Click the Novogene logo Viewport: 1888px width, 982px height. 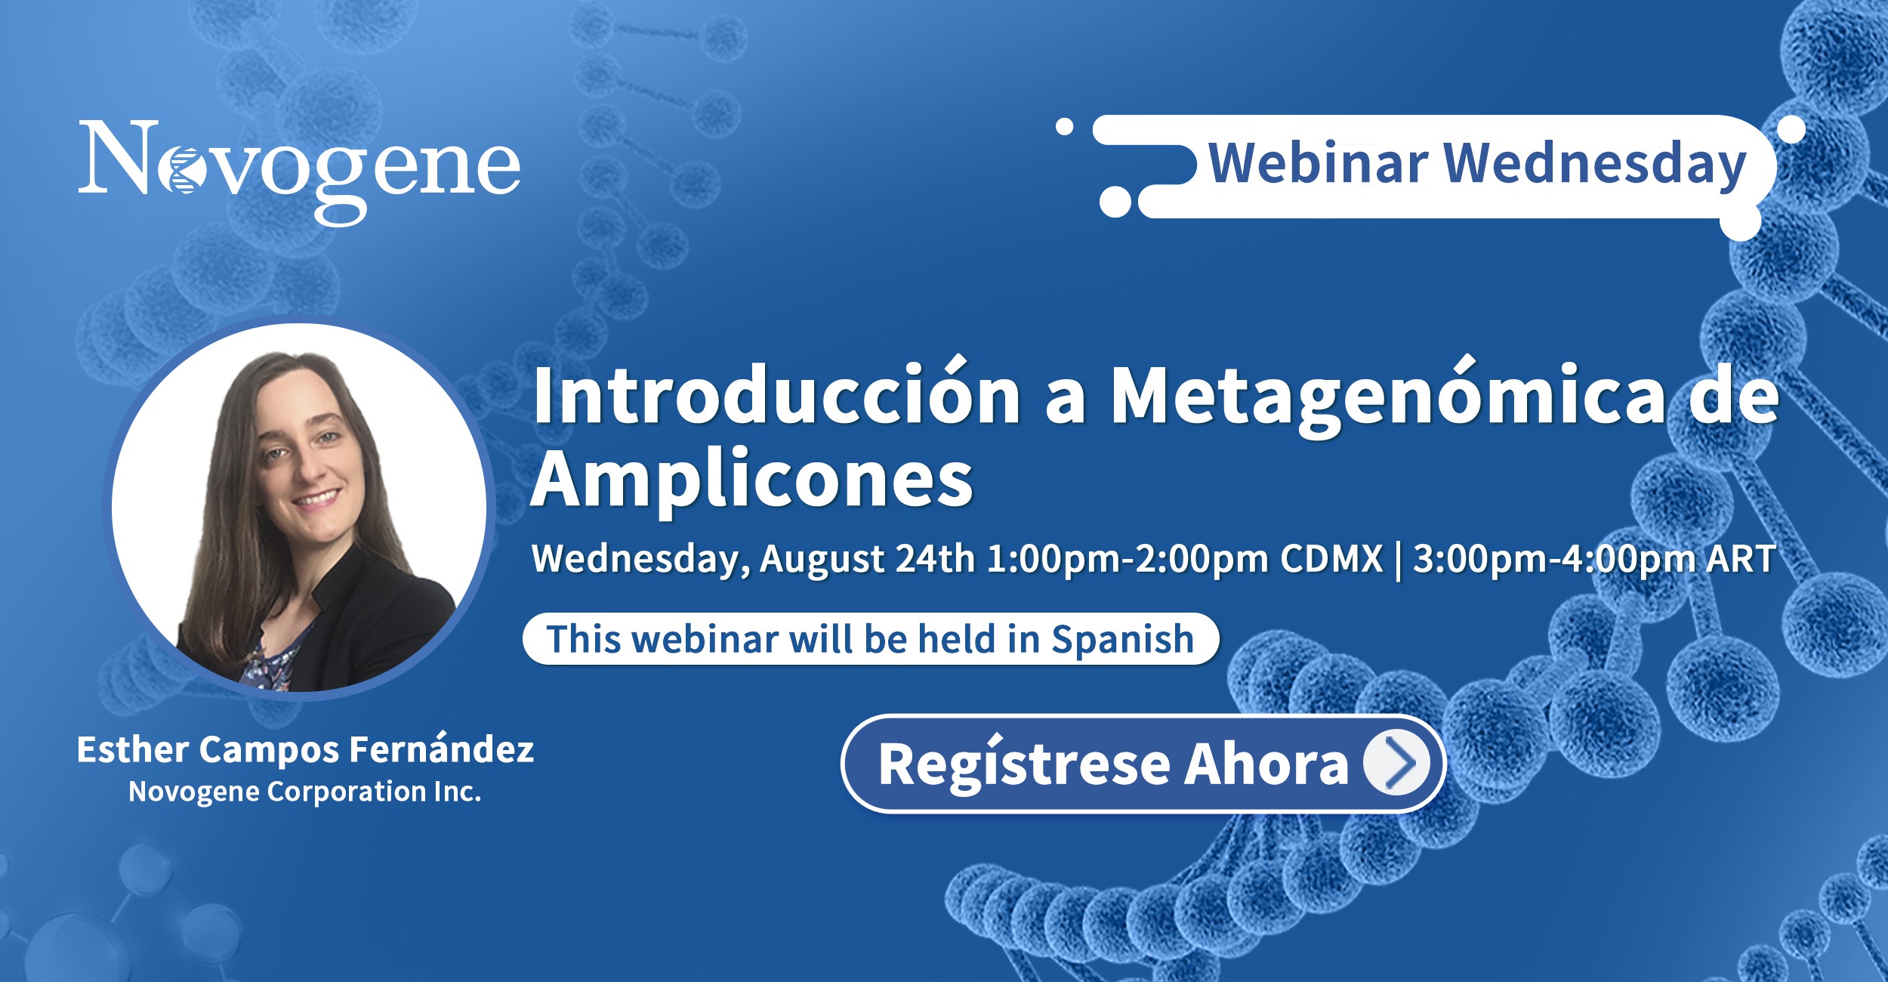coord(300,171)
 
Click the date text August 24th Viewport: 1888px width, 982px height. coord(868,559)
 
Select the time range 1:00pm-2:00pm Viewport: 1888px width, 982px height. coord(1128,559)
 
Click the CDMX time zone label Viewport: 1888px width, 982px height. coord(1331,559)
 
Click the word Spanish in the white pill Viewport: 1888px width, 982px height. coord(1122,641)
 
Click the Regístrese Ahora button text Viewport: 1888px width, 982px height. coord(1113,764)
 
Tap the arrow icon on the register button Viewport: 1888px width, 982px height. coord(1397,763)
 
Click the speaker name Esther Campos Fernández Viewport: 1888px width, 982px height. coord(305,749)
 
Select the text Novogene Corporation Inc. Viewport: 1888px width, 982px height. coord(305,791)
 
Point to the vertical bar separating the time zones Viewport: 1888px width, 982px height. coord(1398,560)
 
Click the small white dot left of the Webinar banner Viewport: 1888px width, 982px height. coord(1064,127)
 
